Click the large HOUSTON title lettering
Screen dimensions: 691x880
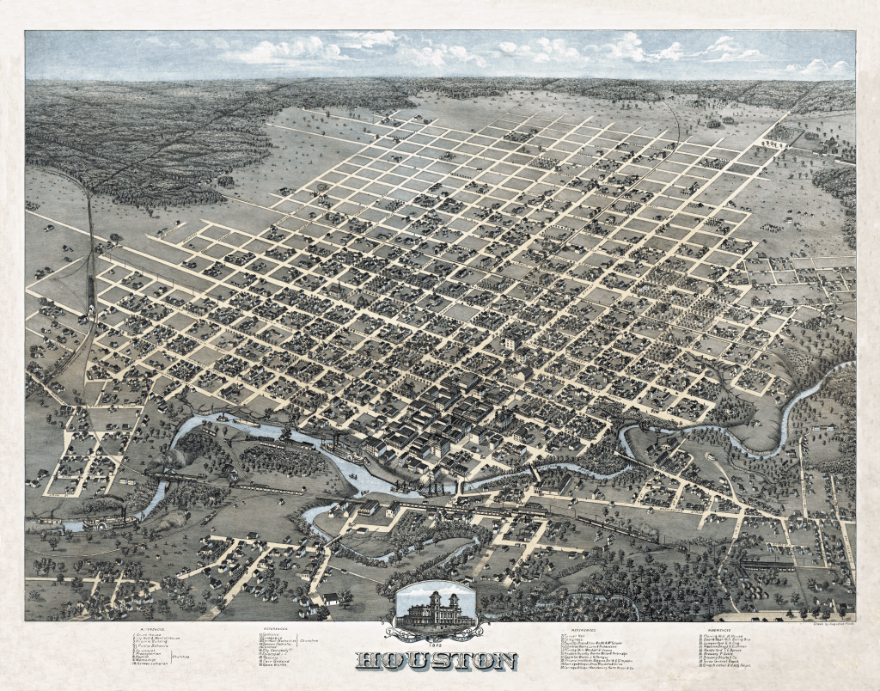pos(437,661)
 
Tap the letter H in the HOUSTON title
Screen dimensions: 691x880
pos(367,661)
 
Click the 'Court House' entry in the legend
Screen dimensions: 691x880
pos(150,637)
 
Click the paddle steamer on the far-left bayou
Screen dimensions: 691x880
pos(109,521)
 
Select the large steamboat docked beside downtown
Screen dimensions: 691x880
pos(344,455)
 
